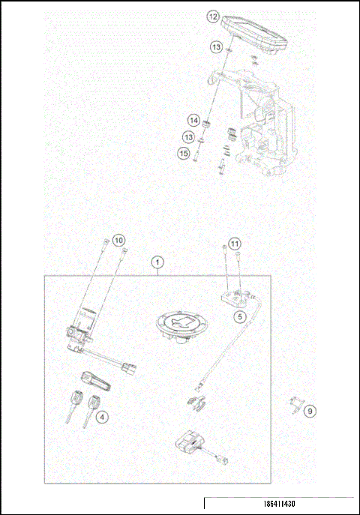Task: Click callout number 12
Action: pos(213,16)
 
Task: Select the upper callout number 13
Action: pos(215,47)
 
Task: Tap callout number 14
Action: pos(193,120)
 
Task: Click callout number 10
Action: pos(119,241)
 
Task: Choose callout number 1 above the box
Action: pos(157,262)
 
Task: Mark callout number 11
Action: pos(235,244)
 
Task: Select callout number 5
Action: pos(240,316)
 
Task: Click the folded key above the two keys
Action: pos(93,380)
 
